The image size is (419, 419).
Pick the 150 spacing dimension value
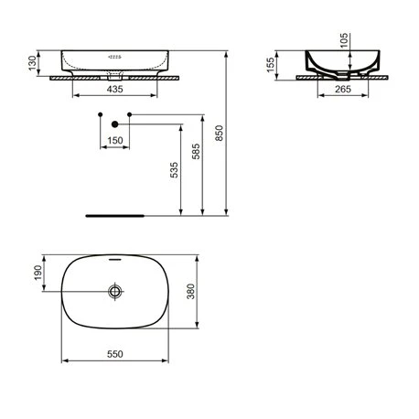pos(115,140)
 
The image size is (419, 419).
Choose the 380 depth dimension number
pos(216,293)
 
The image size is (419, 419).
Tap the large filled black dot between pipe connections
pos(115,124)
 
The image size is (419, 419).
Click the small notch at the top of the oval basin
pos(115,260)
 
